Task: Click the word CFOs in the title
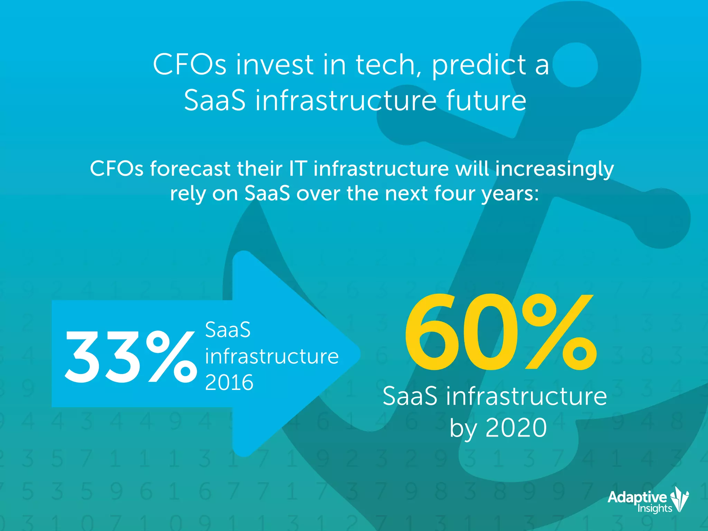click(190, 65)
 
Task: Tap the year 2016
click(229, 382)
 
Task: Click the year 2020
click(516, 428)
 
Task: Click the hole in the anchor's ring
click(575, 65)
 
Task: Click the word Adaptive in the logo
click(637, 497)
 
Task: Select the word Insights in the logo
click(655, 508)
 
